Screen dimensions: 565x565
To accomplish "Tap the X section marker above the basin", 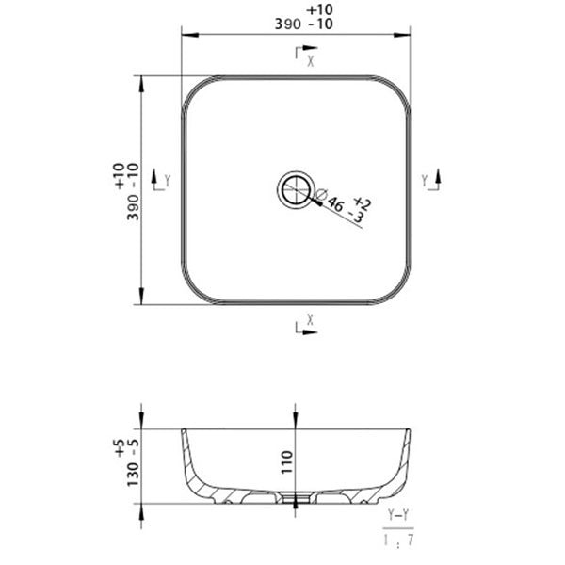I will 304,56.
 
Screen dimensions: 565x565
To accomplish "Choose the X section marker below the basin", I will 304,326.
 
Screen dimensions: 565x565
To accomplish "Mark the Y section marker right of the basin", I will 431,180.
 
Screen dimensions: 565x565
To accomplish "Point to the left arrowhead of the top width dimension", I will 186,36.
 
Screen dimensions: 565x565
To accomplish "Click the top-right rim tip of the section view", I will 409,431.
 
